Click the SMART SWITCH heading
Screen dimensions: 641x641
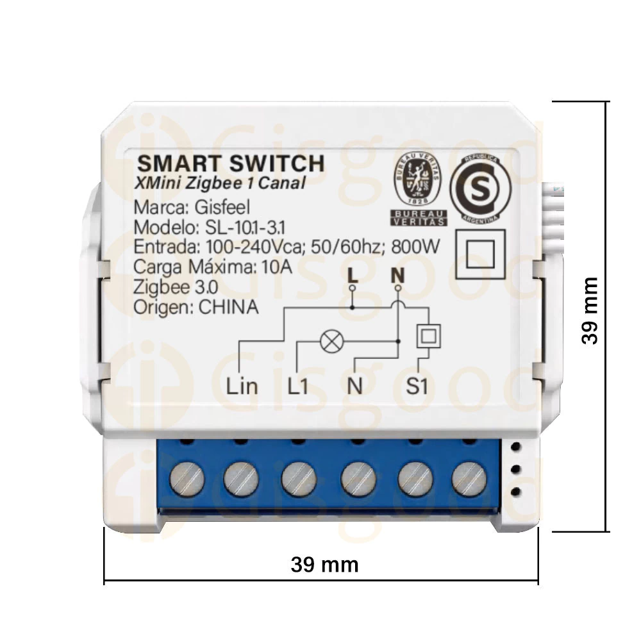[x=231, y=162]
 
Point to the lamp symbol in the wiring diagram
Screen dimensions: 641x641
[x=330, y=342]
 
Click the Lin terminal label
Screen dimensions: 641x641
[x=242, y=386]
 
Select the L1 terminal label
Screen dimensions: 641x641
[x=299, y=386]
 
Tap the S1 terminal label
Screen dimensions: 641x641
[x=420, y=386]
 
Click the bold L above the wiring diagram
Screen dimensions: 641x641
[x=351, y=276]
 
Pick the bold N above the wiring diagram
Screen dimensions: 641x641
[x=398, y=276]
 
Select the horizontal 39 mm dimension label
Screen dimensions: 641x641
[x=324, y=565]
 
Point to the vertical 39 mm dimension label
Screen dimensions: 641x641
[x=590, y=311]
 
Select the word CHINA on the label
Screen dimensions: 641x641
[x=229, y=307]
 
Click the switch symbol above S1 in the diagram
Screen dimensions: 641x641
[x=428, y=335]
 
